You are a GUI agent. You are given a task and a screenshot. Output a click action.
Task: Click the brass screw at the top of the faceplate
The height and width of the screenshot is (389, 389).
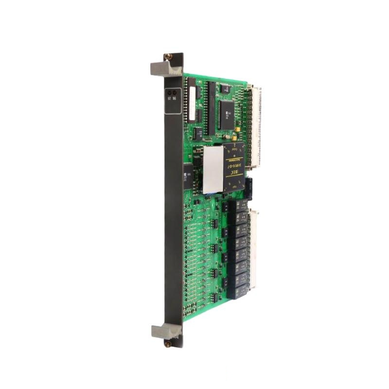tap(168, 56)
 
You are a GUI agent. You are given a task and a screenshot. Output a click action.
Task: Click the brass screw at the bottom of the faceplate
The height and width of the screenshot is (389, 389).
tap(168, 343)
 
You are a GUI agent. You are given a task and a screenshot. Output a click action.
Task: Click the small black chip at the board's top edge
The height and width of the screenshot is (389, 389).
tap(226, 88)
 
